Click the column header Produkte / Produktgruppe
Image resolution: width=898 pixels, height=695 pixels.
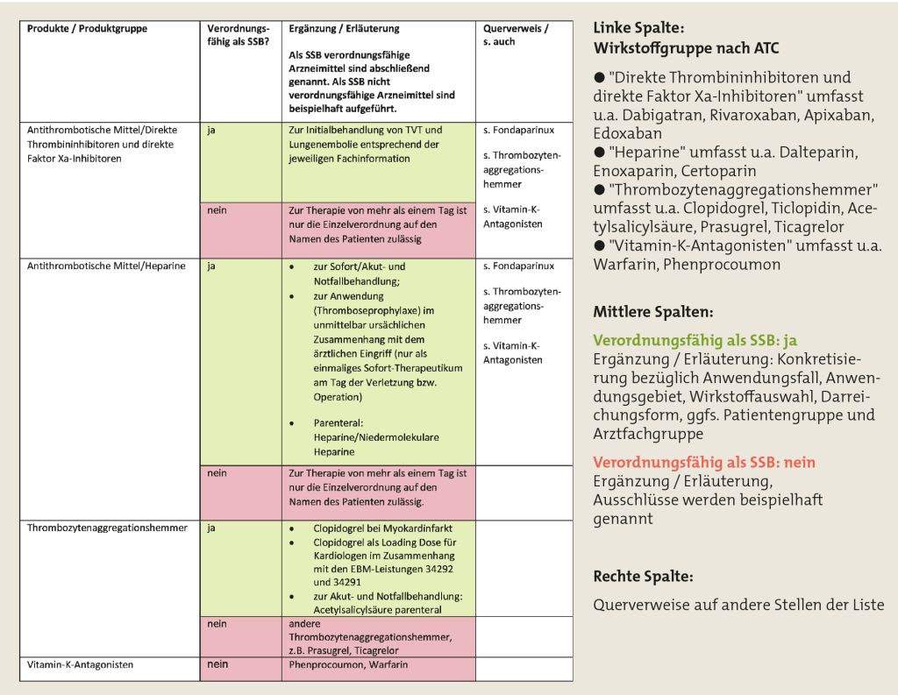pos(87,29)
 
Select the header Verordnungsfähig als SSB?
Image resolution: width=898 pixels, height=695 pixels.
pos(238,35)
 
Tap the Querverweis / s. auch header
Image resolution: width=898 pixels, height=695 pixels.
pos(516,35)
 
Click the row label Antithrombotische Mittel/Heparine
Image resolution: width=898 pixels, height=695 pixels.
pos(106,266)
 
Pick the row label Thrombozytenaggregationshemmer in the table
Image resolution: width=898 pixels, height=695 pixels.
pos(107,528)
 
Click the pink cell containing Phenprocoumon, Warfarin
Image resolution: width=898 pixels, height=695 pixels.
pos(348,665)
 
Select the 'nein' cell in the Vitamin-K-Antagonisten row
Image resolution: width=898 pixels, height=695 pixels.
pos(217,665)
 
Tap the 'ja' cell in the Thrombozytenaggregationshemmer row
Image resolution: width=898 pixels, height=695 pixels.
pos(211,528)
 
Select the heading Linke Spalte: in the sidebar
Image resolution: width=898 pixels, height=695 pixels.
pos(638,28)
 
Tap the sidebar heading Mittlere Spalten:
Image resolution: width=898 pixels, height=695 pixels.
pos(652,311)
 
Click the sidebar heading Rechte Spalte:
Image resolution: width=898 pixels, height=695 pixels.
pos(643,577)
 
